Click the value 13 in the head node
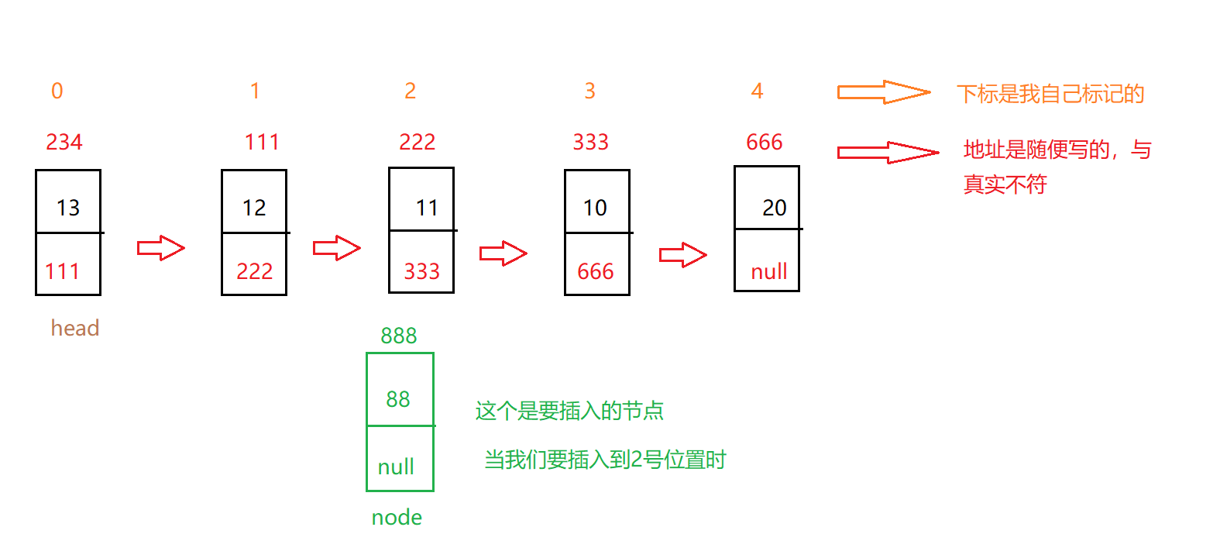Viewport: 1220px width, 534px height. coord(68,208)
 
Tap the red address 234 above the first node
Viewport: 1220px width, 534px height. coord(64,142)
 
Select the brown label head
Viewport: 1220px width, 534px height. coord(75,328)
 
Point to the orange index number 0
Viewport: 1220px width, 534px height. coord(57,91)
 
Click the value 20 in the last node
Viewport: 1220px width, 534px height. coord(774,208)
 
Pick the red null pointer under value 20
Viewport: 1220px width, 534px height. coord(768,271)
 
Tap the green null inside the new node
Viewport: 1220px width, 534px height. coord(396,467)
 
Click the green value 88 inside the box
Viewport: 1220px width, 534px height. coord(398,399)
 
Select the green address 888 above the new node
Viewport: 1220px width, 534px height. coord(399,336)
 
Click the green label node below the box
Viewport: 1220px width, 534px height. coord(397,517)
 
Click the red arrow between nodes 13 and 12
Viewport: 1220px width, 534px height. coord(161,248)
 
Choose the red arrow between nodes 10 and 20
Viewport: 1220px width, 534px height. coord(682,255)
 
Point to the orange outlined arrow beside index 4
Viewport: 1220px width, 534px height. coord(883,92)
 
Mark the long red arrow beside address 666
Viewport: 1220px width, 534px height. coord(888,152)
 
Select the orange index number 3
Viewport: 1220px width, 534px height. coord(589,91)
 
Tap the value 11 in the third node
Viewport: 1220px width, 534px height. coord(427,208)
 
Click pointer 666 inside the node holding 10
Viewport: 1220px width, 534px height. coord(595,271)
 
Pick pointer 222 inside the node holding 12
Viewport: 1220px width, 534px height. coord(254,271)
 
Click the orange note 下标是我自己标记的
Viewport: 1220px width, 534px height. coord(1050,94)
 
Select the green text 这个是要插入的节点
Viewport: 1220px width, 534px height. coord(569,410)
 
